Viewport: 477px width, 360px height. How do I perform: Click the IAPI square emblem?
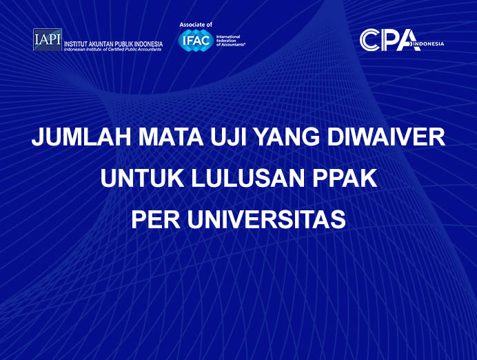click(47, 40)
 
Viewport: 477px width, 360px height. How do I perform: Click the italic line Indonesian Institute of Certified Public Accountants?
click(113, 50)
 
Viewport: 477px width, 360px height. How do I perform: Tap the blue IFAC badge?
click(195, 40)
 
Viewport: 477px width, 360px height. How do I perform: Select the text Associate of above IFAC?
click(196, 25)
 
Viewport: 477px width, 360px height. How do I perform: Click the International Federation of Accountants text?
click(230, 41)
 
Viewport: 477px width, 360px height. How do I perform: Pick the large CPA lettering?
click(389, 39)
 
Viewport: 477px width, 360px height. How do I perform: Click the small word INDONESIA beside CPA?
click(431, 44)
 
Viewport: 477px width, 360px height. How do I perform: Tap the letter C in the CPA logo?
click(370, 39)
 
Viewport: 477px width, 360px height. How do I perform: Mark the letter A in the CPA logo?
click(409, 39)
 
